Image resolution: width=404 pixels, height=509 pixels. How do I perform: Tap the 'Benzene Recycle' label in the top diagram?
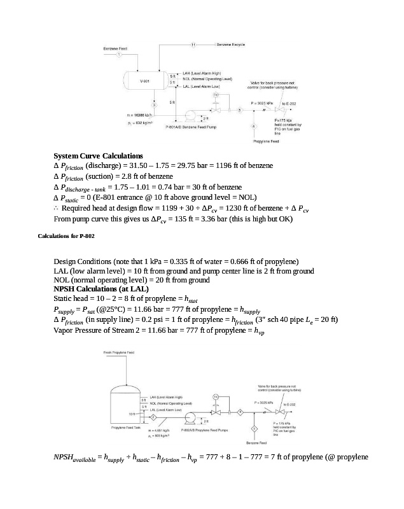click(x=230, y=45)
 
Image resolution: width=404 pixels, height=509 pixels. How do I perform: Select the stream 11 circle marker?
click(x=193, y=45)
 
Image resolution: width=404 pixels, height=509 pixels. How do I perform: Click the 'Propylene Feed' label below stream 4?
click(x=267, y=141)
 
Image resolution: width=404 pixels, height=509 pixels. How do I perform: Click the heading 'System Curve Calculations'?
click(x=98, y=156)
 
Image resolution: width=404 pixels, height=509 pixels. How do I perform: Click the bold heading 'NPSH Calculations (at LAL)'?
click(x=101, y=288)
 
